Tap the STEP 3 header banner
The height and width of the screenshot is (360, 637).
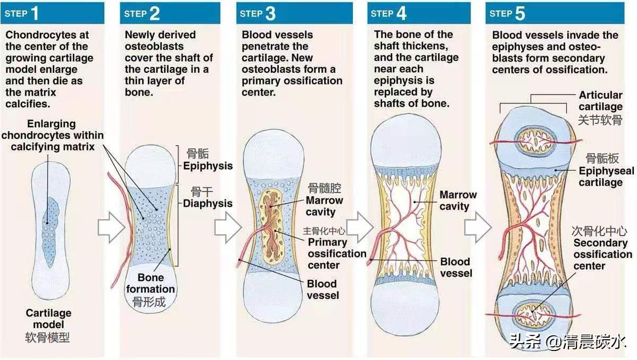294,13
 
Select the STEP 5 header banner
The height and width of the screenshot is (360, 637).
558,13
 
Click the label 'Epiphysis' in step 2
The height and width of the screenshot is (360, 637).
208,166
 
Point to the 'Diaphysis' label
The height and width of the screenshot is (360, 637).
208,203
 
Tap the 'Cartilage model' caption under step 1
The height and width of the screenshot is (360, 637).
48,319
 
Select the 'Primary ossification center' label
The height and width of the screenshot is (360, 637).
336,254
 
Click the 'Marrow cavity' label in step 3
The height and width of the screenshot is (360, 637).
324,206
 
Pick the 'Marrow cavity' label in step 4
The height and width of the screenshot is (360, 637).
457,200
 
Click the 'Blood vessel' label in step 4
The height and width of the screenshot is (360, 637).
455,267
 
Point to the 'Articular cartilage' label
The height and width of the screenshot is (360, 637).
600,101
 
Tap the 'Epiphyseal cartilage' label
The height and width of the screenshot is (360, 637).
606,177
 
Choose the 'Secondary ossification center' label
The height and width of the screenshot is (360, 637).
602,254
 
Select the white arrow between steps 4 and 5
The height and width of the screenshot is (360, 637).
477,228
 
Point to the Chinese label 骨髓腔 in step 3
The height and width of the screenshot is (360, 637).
324,188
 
